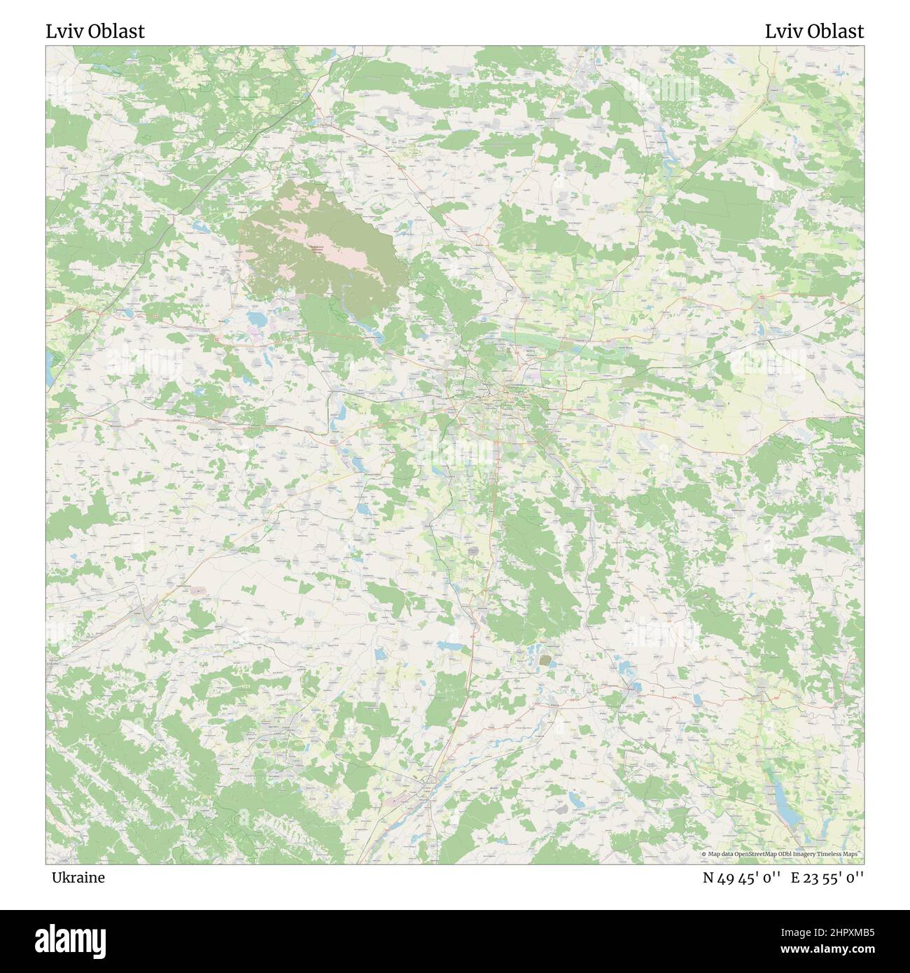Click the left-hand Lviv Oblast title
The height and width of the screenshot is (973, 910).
(95, 31)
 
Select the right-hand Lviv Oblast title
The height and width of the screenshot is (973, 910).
(814, 31)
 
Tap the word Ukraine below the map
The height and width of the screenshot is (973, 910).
(78, 877)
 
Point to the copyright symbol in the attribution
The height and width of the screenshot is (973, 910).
(703, 855)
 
